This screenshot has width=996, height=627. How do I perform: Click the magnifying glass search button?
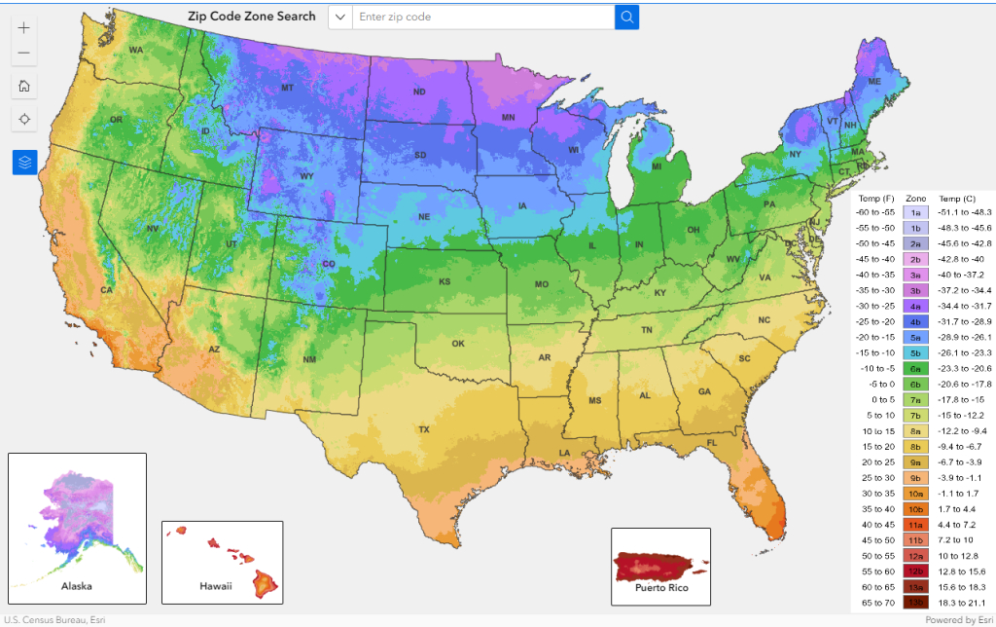click(x=627, y=17)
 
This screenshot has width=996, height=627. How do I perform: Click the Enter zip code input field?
click(x=481, y=17)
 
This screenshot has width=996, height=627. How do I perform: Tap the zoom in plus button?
click(x=24, y=27)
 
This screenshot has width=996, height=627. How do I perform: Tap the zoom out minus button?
click(x=24, y=53)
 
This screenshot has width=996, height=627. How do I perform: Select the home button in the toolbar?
click(x=24, y=86)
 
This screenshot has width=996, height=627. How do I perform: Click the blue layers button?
click(x=24, y=162)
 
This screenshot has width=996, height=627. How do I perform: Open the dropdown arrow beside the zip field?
click(x=340, y=17)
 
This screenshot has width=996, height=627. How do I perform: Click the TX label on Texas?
click(x=423, y=429)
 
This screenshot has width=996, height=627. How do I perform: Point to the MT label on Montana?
click(x=287, y=89)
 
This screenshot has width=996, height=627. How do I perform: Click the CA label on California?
click(x=107, y=291)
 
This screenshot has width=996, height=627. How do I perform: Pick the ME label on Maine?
click(x=874, y=82)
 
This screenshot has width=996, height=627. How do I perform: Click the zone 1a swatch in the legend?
click(x=915, y=212)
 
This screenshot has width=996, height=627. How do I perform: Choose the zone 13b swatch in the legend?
click(x=915, y=604)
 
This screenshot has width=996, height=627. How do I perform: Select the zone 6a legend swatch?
click(x=915, y=368)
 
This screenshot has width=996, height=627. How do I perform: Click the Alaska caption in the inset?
click(x=77, y=587)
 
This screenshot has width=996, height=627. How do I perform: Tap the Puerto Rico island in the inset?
click(x=659, y=565)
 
